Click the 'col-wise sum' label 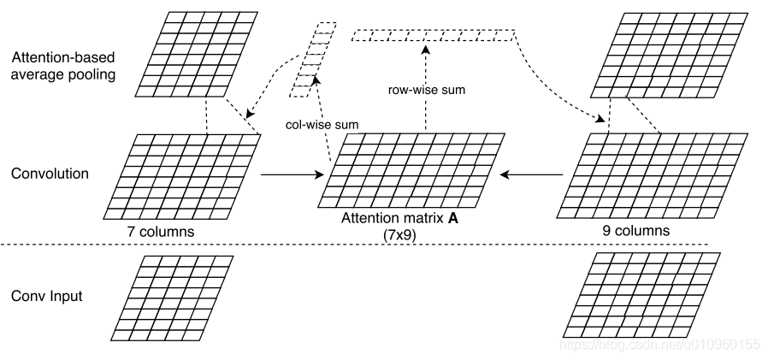point(322,124)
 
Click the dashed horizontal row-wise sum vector point(434,36)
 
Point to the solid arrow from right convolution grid point(532,174)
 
